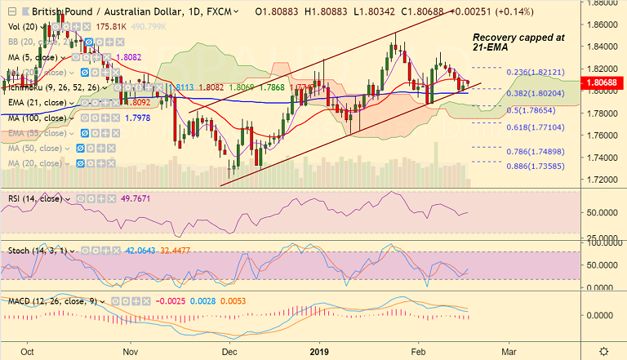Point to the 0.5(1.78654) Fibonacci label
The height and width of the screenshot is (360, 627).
pyautogui.click(x=531, y=109)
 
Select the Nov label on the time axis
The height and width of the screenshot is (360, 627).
pyautogui.click(x=130, y=351)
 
